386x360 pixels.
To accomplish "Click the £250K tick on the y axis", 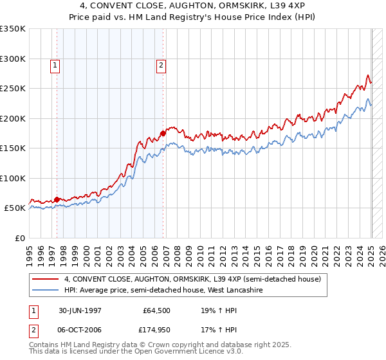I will pos(13,88).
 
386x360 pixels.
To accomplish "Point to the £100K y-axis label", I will pos(13,178).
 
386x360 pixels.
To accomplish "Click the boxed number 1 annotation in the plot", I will pos(55,64).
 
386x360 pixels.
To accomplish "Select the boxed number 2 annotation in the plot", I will pos(160,64).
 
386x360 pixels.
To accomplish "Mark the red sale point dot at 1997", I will pos(57,199).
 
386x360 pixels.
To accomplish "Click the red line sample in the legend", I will pos(46,279).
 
